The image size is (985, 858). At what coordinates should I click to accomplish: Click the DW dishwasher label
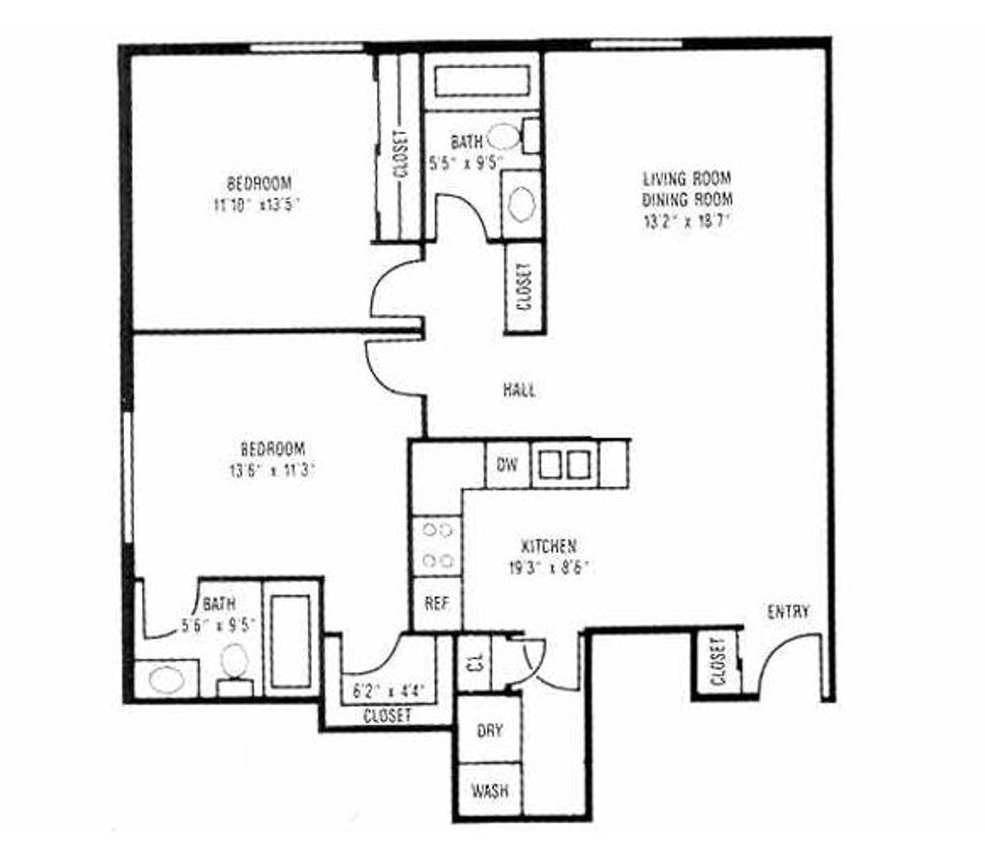click(506, 464)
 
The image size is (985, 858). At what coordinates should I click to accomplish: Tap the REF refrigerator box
click(436, 604)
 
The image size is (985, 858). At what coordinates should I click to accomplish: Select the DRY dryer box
click(489, 730)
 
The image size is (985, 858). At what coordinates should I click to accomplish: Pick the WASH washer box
click(489, 791)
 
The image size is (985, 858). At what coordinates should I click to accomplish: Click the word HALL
click(519, 390)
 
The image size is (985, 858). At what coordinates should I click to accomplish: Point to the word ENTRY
click(789, 612)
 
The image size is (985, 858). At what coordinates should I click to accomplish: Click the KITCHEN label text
click(549, 547)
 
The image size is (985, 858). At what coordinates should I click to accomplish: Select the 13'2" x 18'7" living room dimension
click(687, 222)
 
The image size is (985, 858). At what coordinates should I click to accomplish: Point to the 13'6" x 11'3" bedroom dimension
click(272, 470)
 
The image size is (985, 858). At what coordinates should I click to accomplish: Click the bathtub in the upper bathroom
click(483, 83)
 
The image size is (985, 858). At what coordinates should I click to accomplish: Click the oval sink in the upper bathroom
click(521, 204)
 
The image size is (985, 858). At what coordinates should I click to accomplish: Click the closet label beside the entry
click(719, 661)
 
